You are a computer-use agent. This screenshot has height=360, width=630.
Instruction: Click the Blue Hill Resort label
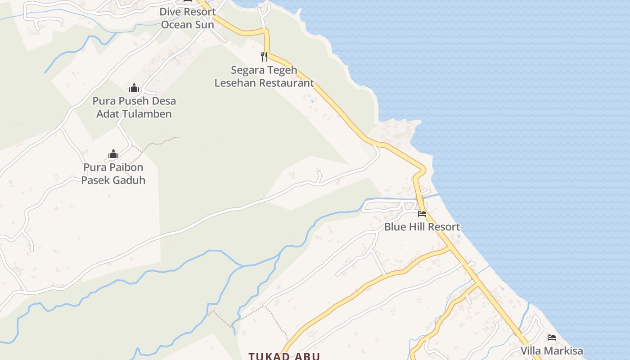[422, 227]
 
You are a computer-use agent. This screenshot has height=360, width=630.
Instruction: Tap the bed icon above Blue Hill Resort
[422, 214]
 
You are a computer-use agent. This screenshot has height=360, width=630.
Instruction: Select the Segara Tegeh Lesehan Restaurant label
[264, 76]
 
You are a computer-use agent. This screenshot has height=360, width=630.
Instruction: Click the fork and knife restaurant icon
[264, 57]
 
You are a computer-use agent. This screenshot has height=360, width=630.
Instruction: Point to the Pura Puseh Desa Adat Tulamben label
[134, 107]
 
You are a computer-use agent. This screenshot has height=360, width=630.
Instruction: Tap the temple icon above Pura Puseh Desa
[134, 88]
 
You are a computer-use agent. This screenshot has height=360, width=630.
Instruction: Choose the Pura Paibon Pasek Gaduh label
[113, 174]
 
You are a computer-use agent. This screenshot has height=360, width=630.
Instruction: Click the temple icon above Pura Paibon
[113, 154]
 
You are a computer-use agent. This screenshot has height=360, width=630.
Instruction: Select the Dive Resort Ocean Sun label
[188, 18]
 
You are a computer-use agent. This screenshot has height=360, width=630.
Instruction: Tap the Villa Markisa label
[552, 351]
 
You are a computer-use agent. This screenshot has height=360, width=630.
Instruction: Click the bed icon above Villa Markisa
[552, 337]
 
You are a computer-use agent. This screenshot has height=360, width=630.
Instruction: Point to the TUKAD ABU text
[284, 356]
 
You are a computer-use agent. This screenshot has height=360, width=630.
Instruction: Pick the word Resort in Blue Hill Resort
[443, 227]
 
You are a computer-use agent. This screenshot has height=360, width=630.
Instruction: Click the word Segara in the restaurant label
[246, 70]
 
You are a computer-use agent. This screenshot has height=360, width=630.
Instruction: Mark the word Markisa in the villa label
[565, 351]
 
